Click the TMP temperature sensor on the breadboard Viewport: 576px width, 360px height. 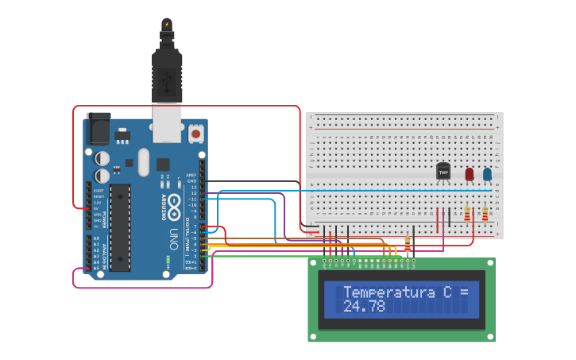point(443,171)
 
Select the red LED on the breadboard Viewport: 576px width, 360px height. point(470,173)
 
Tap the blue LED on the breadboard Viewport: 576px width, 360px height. point(487,173)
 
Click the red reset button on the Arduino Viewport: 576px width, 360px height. point(195,134)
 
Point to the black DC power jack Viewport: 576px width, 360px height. point(98,127)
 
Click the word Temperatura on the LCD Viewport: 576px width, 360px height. point(390,292)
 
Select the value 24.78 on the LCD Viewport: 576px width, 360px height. point(364,306)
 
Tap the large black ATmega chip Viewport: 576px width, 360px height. point(120,226)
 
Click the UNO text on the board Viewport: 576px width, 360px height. point(174,238)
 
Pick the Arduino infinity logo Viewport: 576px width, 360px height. point(174,180)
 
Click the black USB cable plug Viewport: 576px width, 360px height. point(167,75)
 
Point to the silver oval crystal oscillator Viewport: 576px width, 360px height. point(143,162)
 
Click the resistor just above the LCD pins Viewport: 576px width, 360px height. point(408,244)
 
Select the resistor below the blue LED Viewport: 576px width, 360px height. point(485,213)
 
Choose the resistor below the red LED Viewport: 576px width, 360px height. point(467,213)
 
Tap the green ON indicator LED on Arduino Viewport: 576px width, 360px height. point(168,258)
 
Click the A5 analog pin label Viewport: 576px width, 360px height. point(96,269)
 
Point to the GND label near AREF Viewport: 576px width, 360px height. point(191,181)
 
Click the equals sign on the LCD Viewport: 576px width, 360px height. point(464,292)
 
